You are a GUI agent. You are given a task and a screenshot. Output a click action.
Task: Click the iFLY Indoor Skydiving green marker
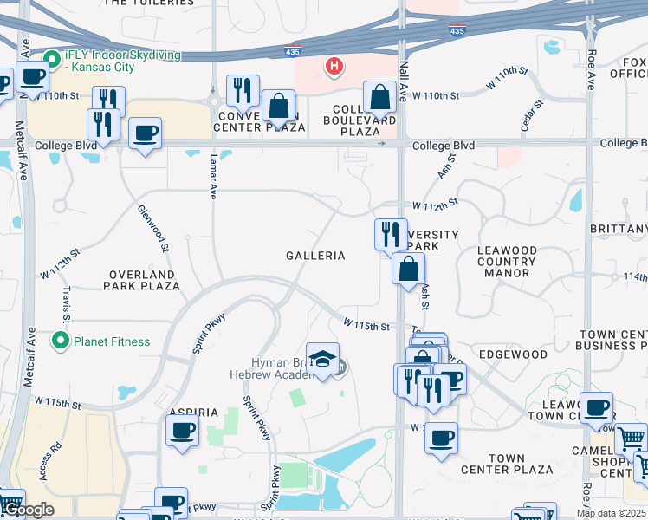[52, 60]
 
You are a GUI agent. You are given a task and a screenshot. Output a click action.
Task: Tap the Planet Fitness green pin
[61, 341]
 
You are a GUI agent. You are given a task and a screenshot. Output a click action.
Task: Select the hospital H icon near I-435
[333, 66]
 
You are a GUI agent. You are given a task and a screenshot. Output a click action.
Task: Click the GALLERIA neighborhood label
[316, 256]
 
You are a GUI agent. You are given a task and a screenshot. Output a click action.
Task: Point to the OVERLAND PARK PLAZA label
[144, 279]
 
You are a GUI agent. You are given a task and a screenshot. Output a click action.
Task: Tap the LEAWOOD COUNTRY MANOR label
[507, 262]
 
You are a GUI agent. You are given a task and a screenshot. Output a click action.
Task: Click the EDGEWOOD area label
[513, 354]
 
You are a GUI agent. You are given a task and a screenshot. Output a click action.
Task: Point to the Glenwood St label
[152, 229]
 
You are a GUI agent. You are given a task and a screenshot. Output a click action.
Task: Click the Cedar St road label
[532, 115]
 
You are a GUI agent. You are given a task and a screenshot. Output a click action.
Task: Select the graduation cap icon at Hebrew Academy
[321, 360]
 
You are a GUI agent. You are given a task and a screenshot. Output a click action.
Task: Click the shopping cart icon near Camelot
[631, 439]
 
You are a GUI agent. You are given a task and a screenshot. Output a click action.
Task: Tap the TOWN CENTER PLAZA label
[519, 464]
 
